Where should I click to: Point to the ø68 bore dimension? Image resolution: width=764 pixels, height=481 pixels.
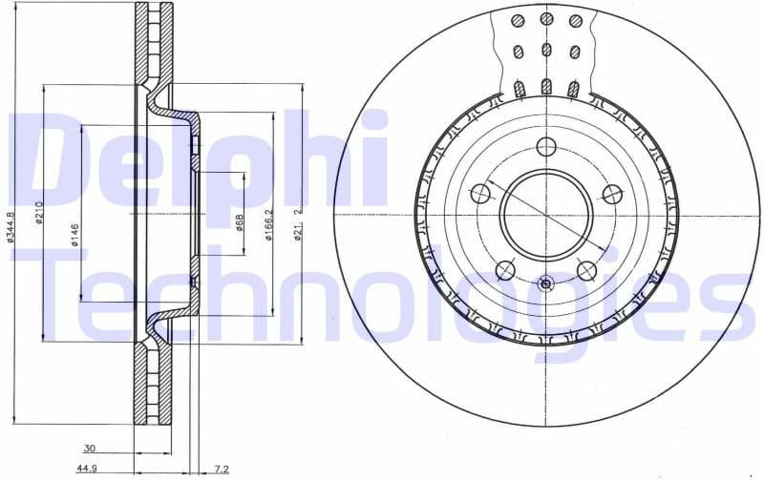click(239, 221)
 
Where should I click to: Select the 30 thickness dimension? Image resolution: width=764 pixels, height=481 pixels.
click(89, 448)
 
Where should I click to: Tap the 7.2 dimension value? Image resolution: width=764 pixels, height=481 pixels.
click(221, 469)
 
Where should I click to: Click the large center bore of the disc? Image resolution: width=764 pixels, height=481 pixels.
click(545, 215)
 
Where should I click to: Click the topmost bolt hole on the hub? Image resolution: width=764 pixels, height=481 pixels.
click(545, 147)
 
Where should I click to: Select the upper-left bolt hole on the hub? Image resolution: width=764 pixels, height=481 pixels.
click(480, 194)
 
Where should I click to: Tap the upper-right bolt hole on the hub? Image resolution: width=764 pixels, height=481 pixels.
click(611, 194)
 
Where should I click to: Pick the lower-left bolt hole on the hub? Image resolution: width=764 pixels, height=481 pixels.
click(505, 270)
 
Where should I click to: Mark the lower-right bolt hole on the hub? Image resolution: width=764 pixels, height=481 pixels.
click(586, 270)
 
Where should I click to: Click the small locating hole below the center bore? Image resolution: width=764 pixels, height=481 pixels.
click(545, 283)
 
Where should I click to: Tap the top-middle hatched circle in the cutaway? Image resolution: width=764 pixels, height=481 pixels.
click(546, 19)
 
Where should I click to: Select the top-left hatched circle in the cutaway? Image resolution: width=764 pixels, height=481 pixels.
click(517, 21)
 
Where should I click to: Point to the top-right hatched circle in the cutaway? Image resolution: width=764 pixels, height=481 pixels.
click(575, 21)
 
